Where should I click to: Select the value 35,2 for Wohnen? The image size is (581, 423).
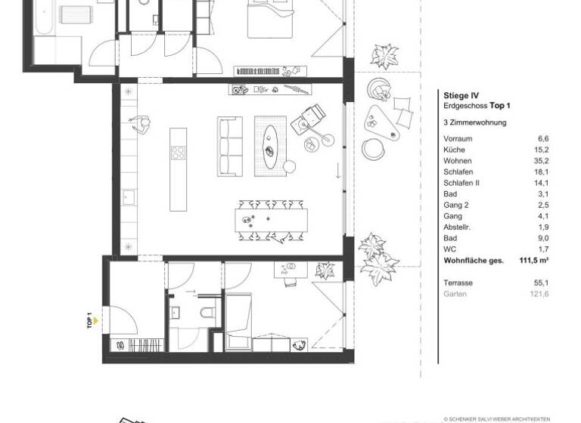click(x=541, y=161)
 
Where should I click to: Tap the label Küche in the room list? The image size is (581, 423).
click(x=455, y=150)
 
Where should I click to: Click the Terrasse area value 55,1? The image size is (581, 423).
click(x=540, y=282)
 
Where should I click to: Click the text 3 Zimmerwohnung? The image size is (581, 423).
click(x=475, y=122)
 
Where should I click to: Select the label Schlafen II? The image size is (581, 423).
click(x=461, y=182)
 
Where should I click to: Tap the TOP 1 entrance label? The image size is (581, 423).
click(x=89, y=322)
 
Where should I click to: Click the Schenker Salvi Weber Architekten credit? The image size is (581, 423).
click(x=511, y=416)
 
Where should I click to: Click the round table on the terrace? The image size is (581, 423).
click(x=371, y=147)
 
